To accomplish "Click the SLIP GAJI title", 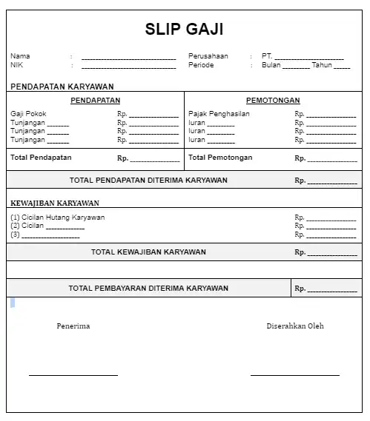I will click(x=184, y=30).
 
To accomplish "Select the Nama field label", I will click(x=20, y=56).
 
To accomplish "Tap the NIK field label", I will click(x=17, y=65).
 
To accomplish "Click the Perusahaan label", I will click(x=208, y=56).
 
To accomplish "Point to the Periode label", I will click(x=201, y=65).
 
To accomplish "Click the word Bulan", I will click(x=271, y=65).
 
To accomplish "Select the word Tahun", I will click(x=322, y=65).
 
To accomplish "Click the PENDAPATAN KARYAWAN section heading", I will click(x=62, y=87).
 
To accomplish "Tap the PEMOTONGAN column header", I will click(x=273, y=101).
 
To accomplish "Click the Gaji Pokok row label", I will click(x=28, y=114).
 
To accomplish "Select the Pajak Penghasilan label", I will click(x=219, y=114).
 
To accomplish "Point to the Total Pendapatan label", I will click(x=41, y=158).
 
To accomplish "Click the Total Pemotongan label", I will click(x=220, y=158).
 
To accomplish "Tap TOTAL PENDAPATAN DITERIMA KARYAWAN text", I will click(x=148, y=180).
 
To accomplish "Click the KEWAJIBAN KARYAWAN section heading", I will click(x=55, y=203).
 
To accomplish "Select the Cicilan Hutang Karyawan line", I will click(x=58, y=218).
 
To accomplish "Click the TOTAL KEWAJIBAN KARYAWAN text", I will click(x=148, y=252).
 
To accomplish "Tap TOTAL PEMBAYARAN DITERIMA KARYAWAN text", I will click(x=148, y=288).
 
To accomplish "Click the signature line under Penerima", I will click(x=73, y=375).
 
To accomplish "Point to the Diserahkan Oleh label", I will click(x=295, y=326).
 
